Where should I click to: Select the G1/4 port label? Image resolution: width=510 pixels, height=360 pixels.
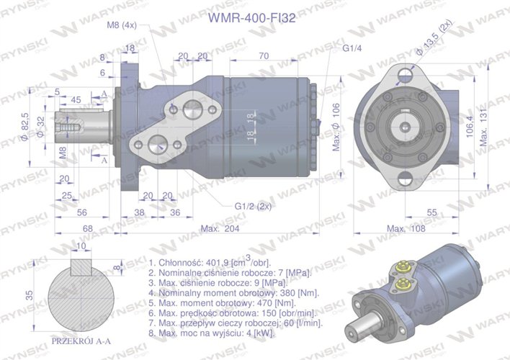(x=352, y=48)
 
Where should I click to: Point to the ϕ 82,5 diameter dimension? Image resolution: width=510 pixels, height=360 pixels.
(x=25, y=125)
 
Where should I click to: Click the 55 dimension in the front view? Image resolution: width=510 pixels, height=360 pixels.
(x=432, y=213)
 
